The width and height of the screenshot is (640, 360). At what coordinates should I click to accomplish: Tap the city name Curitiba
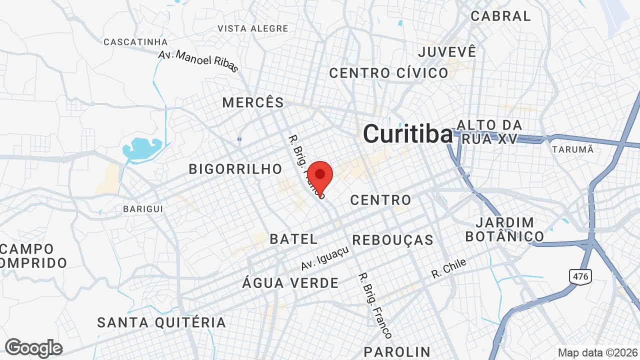coord(407,134)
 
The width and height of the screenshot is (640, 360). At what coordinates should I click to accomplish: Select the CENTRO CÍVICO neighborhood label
coord(388,73)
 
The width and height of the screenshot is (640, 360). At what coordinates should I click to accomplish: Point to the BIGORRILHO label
coord(235,169)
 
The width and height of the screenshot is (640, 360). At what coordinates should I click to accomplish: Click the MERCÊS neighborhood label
coord(253,103)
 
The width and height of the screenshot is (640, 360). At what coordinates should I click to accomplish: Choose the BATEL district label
coord(293,239)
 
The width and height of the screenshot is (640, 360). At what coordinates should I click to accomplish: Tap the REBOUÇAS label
coord(392,240)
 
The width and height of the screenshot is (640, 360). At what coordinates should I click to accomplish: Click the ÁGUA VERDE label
coord(290,283)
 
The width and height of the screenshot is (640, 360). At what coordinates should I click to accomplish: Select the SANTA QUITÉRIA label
coord(161,322)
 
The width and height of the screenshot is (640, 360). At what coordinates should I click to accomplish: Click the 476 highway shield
coord(580,275)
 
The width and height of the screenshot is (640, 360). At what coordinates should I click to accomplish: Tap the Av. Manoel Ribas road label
coord(198,61)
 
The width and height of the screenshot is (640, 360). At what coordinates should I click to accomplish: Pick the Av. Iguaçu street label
coord(324,258)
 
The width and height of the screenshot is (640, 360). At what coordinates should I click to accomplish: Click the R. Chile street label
coord(449,268)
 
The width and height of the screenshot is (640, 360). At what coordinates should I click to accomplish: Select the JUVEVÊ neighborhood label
coord(447,51)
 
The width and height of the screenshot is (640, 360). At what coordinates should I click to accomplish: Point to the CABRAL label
coord(500,16)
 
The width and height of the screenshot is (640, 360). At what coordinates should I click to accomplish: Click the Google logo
coord(33,348)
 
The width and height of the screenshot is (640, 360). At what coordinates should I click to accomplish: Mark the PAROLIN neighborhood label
coord(396,351)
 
